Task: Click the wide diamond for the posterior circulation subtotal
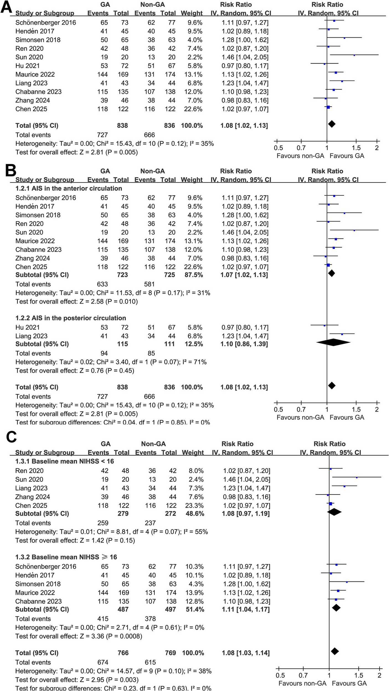coord(333,342)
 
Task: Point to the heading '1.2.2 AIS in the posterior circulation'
coord(71,318)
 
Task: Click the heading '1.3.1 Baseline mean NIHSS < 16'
coord(65,461)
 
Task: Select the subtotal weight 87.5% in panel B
coord(194,275)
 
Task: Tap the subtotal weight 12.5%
coord(194,344)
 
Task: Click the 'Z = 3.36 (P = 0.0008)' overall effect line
coord(79,636)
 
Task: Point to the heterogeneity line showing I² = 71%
coord(111,362)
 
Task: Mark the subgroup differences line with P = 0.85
coord(112,422)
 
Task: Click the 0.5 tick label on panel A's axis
coord(278,148)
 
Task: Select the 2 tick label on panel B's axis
coord(377,409)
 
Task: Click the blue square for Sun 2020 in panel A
coord(354,55)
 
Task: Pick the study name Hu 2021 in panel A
coord(27,66)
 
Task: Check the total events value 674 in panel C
coord(103,662)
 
